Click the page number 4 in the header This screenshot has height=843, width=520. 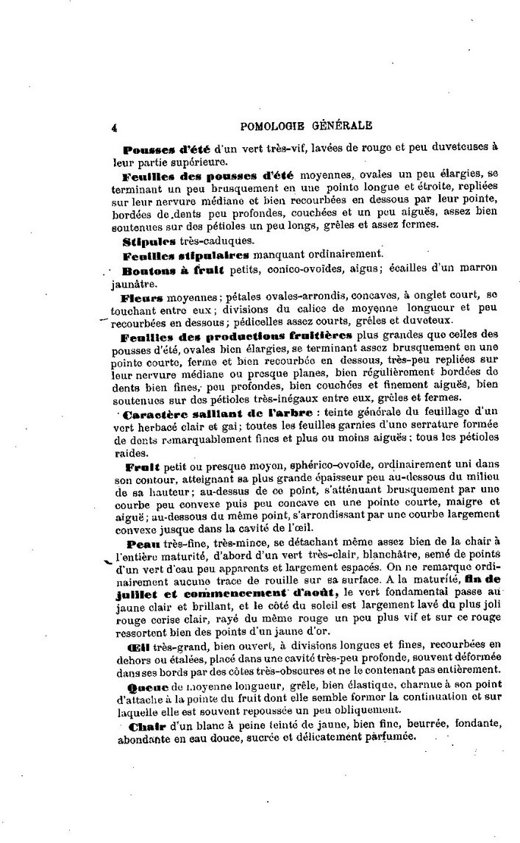click(115, 126)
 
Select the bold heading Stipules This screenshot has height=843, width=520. click(146, 240)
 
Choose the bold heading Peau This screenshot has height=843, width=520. click(139, 544)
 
